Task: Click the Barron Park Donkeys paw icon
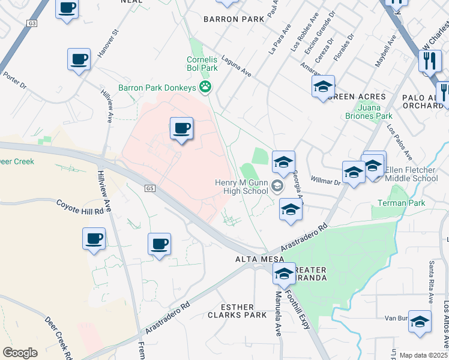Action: click(206, 88)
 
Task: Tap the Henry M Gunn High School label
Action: click(241, 187)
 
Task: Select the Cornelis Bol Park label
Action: click(201, 64)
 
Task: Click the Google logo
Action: click(20, 352)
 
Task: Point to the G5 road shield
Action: click(149, 188)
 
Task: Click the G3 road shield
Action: click(32, 23)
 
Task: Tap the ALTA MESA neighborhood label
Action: click(254, 259)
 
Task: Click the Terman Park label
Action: click(398, 203)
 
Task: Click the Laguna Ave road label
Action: click(236, 64)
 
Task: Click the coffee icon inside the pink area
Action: click(181, 128)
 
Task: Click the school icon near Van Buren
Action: click(420, 320)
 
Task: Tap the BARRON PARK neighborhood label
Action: click(234, 19)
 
